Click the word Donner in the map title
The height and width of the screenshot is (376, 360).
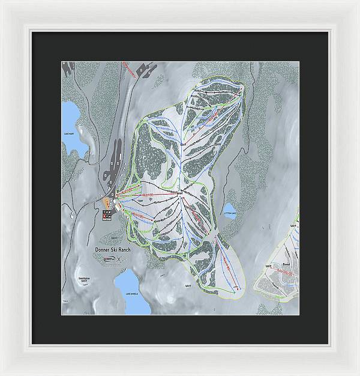(x=104, y=249)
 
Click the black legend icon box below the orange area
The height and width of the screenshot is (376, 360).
(x=108, y=216)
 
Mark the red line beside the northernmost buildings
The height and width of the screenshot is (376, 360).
(x=129, y=70)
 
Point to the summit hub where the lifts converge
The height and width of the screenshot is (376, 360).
(x=180, y=192)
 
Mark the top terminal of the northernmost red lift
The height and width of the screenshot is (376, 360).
(x=241, y=89)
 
